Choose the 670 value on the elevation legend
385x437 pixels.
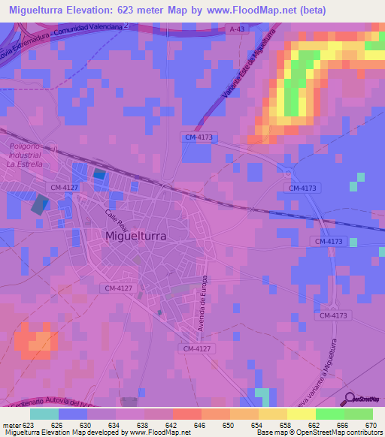(x=370, y=425)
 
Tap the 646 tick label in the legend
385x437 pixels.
(x=199, y=425)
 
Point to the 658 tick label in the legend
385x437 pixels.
(x=285, y=425)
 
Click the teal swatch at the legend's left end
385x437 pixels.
(x=44, y=414)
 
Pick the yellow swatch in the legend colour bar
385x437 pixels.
(x=301, y=414)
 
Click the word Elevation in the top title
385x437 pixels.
(x=99, y=11)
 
